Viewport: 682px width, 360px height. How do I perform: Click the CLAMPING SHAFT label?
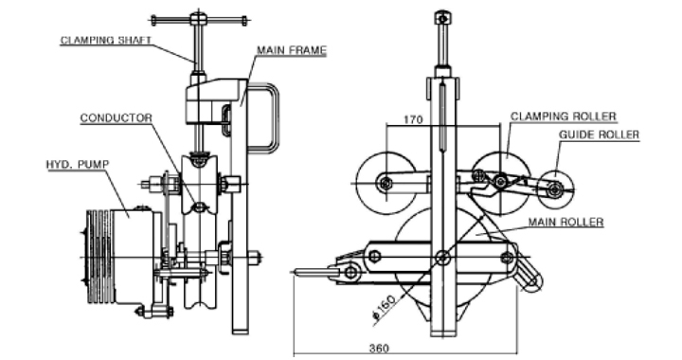point(106,41)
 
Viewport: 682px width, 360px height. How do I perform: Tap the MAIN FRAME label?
point(292,50)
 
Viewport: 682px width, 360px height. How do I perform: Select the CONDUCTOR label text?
point(117,118)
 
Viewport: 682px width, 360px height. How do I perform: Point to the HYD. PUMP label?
point(78,165)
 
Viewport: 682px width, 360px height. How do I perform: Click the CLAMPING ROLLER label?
point(564,117)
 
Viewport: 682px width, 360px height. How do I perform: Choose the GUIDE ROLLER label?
point(599,135)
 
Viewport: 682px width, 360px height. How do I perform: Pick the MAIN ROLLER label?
point(565,223)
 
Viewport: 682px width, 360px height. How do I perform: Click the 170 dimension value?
point(413,119)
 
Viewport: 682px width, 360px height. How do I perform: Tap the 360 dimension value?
point(379,349)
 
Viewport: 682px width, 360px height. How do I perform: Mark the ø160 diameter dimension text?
point(384,307)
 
